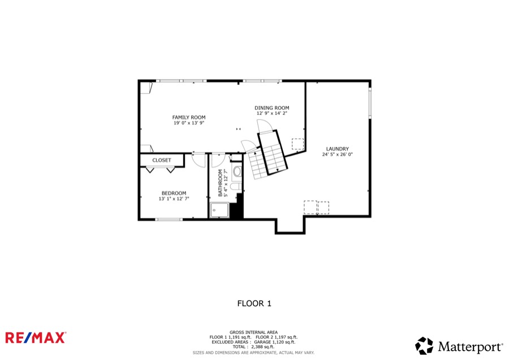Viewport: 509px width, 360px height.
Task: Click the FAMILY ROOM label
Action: pos(188,117)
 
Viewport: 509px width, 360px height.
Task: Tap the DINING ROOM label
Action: pos(271,108)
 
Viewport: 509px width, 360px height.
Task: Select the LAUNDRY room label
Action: pos(337,149)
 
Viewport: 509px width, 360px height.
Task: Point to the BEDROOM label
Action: pos(174,193)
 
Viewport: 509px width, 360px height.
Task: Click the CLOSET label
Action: pos(162,160)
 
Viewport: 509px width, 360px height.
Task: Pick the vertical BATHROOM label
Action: pos(221,183)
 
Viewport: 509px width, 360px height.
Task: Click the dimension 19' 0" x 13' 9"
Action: pos(188,123)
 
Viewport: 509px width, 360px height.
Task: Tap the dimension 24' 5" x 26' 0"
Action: pos(337,155)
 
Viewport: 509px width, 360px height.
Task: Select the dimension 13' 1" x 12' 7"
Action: pos(174,199)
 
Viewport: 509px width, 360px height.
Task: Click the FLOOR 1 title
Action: pos(254,303)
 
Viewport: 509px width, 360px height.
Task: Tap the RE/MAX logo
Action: pos(36,337)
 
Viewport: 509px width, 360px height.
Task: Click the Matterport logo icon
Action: pos(424,346)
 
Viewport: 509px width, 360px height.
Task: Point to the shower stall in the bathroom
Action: pos(219,210)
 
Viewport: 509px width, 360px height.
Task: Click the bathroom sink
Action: pos(238,172)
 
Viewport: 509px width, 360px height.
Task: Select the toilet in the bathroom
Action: pos(235,186)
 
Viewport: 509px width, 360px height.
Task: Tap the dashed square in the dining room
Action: pos(297,144)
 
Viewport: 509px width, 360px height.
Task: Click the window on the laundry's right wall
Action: pos(370,103)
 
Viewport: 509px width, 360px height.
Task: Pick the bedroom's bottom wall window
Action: pos(169,220)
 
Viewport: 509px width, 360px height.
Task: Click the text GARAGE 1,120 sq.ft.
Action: pos(275,342)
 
